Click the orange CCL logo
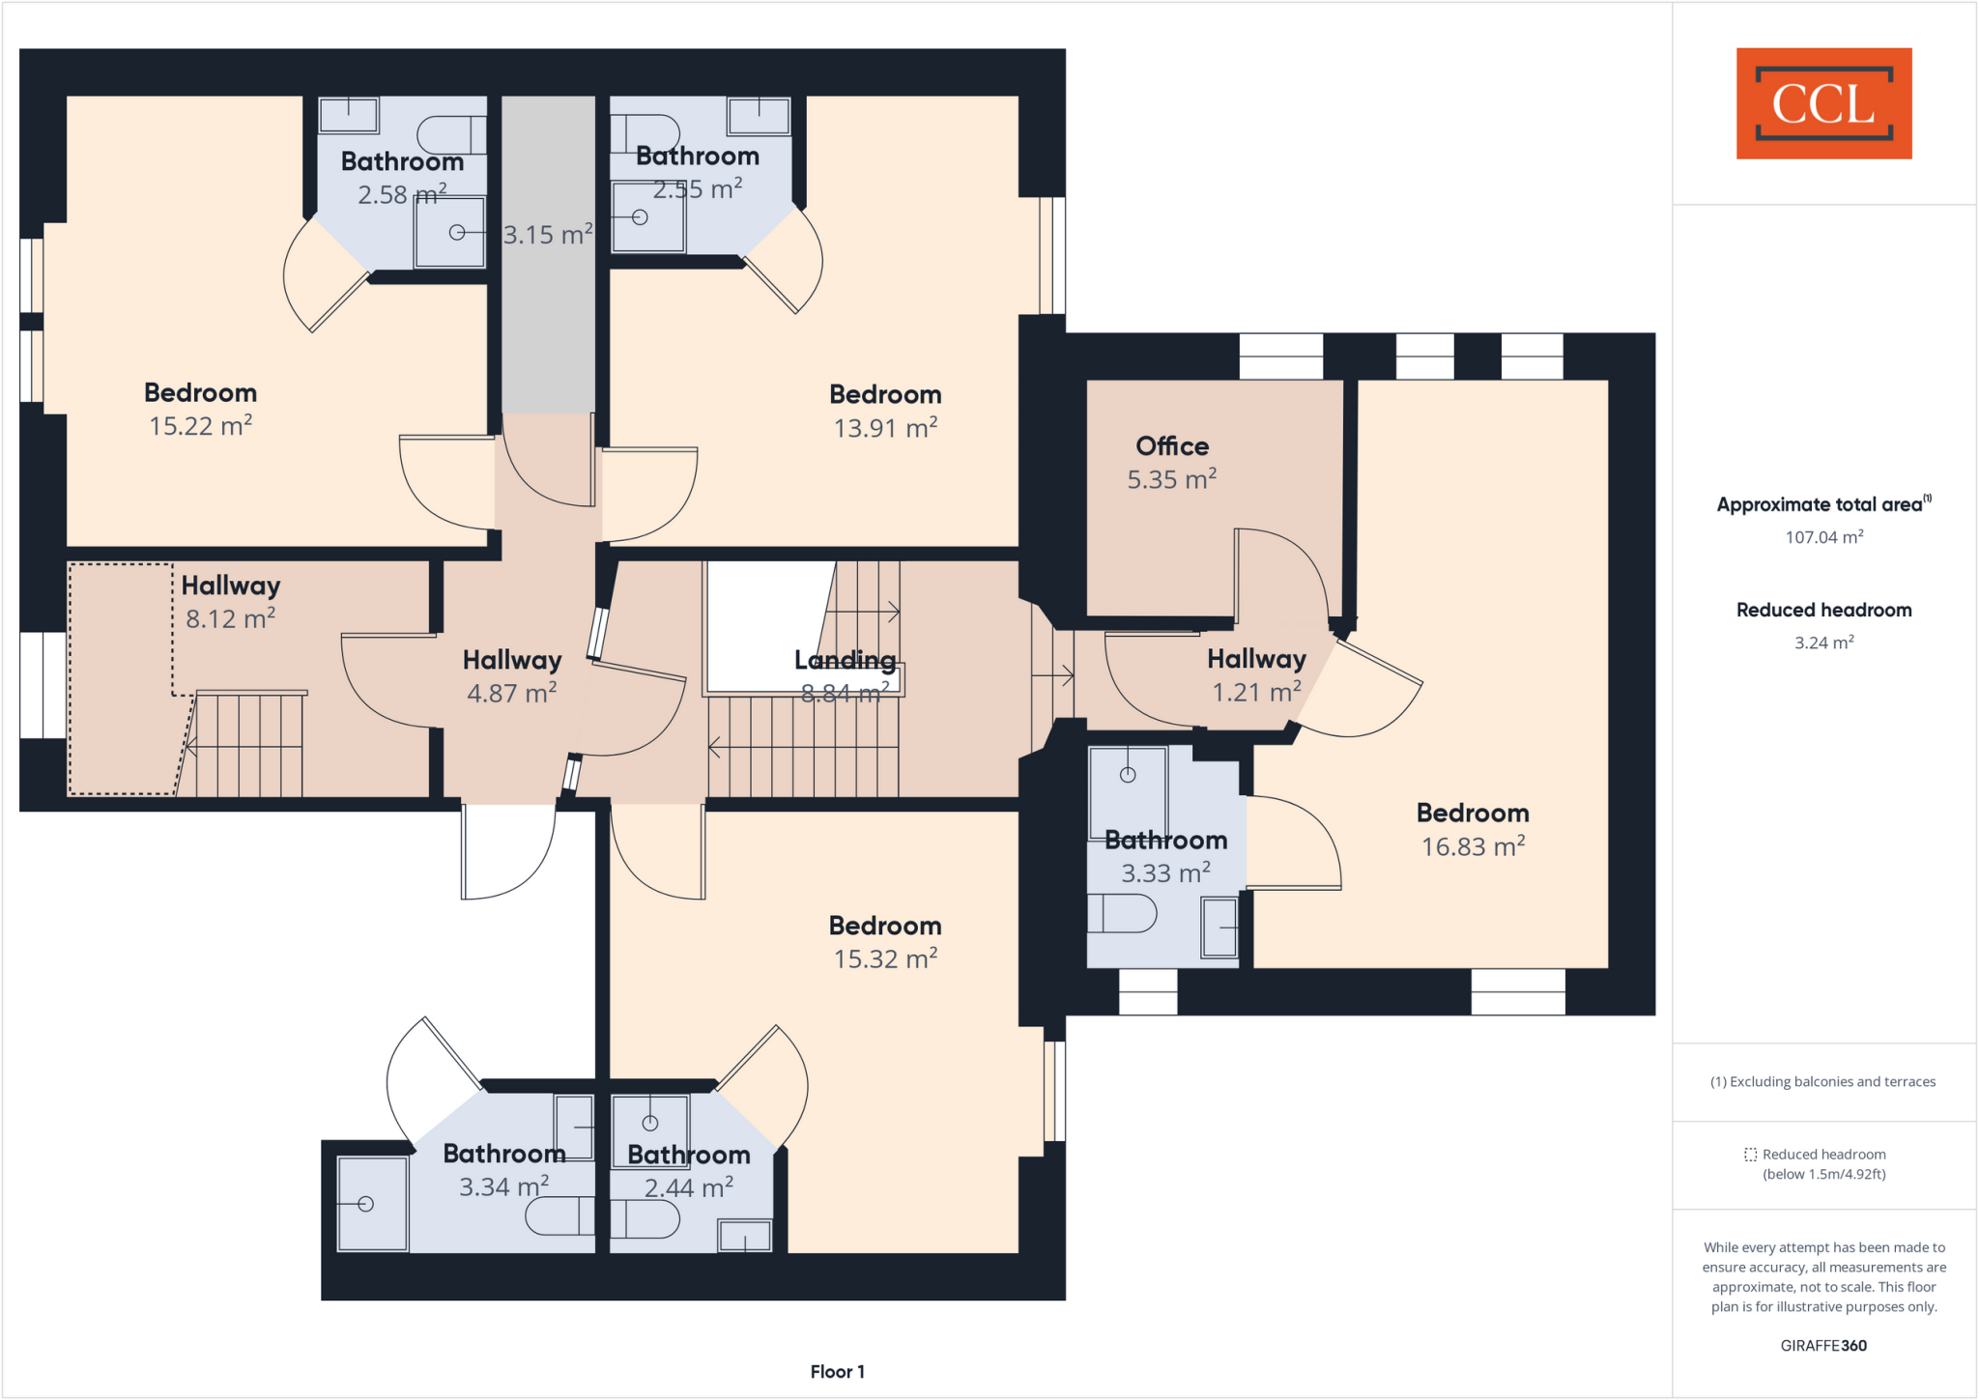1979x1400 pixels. point(1823,103)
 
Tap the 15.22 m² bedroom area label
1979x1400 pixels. point(200,426)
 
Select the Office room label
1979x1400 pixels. point(1172,446)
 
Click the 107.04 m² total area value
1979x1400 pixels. point(1823,537)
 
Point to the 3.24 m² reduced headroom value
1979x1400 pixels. point(1823,643)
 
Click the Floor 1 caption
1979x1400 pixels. point(837,1371)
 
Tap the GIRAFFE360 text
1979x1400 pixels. point(1823,1345)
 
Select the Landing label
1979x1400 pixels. point(845,660)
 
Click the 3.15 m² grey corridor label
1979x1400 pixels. point(547,235)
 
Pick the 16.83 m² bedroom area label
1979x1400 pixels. point(1473,846)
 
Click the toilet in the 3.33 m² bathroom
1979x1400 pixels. point(1123,913)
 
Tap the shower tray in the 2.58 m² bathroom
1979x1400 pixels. point(449,232)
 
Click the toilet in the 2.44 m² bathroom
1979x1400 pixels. point(645,1219)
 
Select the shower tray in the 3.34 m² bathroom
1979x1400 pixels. point(372,1203)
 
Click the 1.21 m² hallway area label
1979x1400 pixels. point(1256,692)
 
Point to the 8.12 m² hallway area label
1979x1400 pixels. point(230,618)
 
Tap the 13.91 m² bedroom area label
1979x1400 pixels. point(885,427)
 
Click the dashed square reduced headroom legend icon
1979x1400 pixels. point(1750,1155)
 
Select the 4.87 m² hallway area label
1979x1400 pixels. point(511,693)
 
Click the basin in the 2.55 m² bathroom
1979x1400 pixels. point(759,116)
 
